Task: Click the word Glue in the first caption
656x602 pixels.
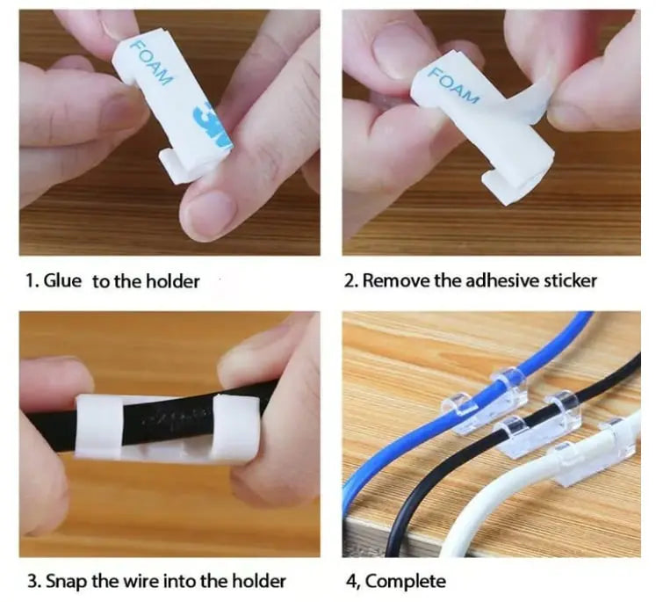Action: (61, 281)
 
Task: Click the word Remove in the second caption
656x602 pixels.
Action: (390, 281)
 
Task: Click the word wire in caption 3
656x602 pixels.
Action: (155, 581)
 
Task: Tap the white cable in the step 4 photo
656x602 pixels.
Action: (492, 519)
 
